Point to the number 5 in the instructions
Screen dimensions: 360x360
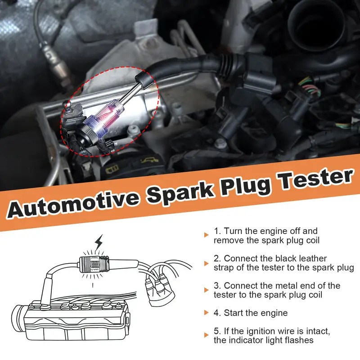point(216,332)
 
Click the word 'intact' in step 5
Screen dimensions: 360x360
point(315,332)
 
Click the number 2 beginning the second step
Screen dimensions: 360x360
point(216,258)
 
